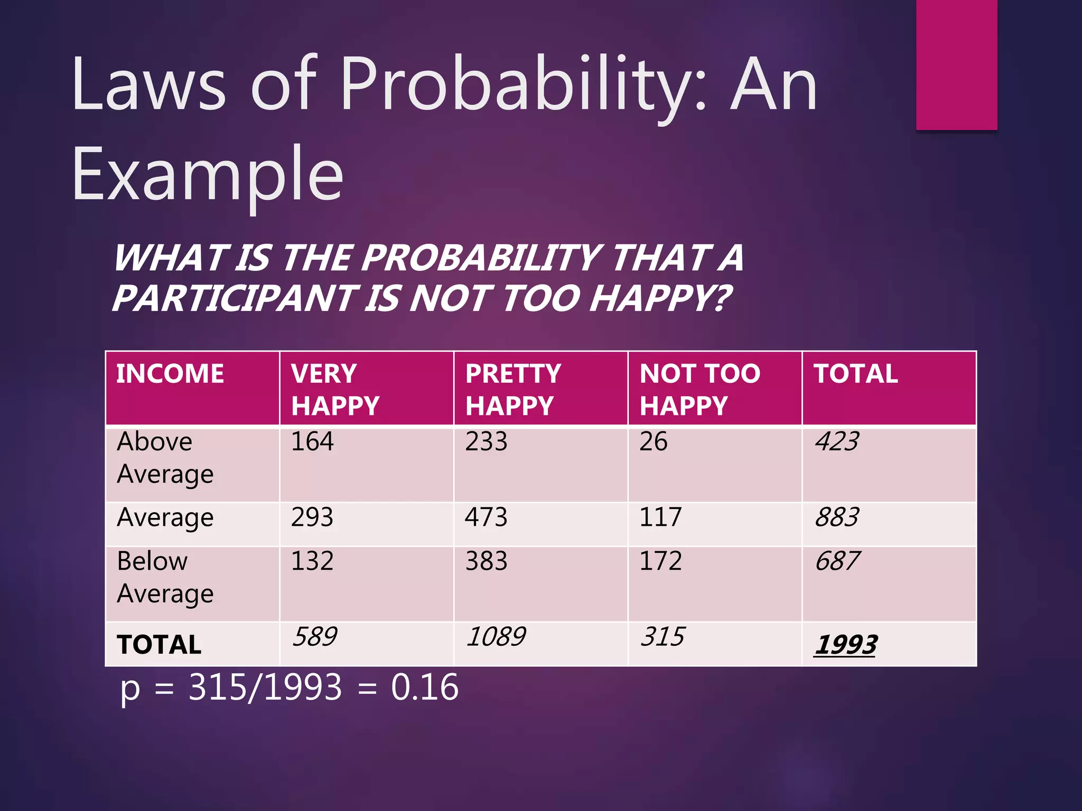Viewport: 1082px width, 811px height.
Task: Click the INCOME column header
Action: [170, 374]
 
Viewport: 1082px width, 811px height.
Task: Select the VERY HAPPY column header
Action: [335, 390]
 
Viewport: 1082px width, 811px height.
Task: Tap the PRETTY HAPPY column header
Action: [512, 390]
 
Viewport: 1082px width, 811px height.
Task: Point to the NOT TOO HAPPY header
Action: [699, 390]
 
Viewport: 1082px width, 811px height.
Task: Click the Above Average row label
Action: [165, 457]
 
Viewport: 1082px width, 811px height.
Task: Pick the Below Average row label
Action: [165, 577]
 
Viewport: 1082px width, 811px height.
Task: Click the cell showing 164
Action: [312, 441]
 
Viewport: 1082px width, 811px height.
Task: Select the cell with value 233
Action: [486, 441]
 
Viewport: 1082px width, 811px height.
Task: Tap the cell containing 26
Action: [653, 441]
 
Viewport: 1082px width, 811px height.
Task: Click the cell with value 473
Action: [486, 517]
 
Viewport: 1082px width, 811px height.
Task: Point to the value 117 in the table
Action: [660, 517]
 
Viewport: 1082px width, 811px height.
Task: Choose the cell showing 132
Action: [312, 561]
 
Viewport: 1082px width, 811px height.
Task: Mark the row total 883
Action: [837, 517]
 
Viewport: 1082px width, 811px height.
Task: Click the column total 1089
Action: [496, 636]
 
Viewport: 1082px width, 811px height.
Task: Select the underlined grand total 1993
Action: [845, 645]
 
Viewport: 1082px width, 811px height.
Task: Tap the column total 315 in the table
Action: [663, 636]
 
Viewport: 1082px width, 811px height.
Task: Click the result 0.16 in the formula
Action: [425, 687]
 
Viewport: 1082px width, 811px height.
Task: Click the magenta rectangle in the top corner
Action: [956, 64]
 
